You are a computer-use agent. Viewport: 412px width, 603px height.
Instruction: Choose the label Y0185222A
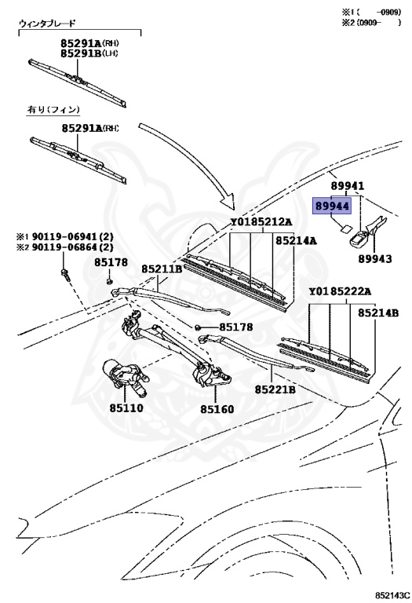pyautogui.click(x=341, y=292)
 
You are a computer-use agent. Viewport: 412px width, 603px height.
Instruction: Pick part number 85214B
pyautogui.click(x=379, y=312)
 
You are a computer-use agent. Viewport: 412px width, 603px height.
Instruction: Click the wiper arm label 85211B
pyautogui.click(x=162, y=269)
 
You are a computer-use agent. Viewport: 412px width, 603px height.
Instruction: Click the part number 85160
pyautogui.click(x=217, y=408)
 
